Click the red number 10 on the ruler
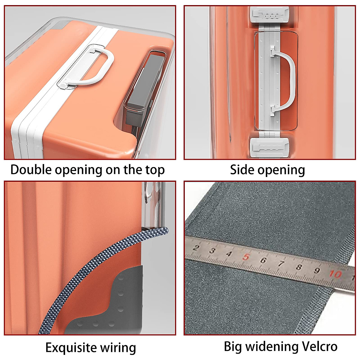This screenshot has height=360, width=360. tap(335, 274)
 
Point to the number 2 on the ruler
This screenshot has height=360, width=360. tap(196, 248)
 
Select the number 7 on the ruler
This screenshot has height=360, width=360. tap(281, 264)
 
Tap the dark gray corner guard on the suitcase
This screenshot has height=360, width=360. tap(120, 303)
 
